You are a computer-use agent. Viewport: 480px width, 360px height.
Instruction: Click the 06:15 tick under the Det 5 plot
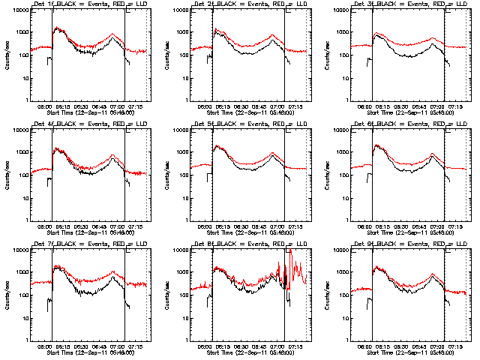point(223,227)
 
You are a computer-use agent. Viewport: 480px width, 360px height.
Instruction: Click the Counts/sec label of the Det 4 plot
point(6,175)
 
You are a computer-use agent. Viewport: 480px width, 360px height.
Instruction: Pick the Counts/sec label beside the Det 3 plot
point(327,55)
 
